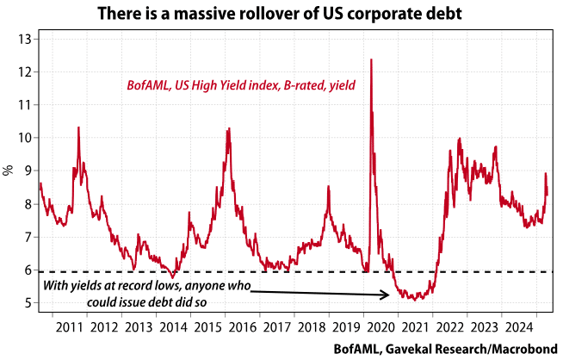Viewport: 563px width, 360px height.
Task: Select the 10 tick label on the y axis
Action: point(25,138)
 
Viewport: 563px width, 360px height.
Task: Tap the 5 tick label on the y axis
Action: point(28,303)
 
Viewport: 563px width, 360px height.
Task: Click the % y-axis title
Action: point(9,171)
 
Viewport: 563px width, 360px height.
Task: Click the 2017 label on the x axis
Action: point(274,328)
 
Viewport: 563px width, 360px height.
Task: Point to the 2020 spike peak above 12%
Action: point(370,59)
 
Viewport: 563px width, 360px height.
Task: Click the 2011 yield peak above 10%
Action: point(79,127)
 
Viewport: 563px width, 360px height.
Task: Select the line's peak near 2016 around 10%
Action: point(228,129)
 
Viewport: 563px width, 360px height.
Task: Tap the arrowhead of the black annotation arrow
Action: point(388,295)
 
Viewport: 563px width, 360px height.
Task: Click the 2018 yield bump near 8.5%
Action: point(328,187)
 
